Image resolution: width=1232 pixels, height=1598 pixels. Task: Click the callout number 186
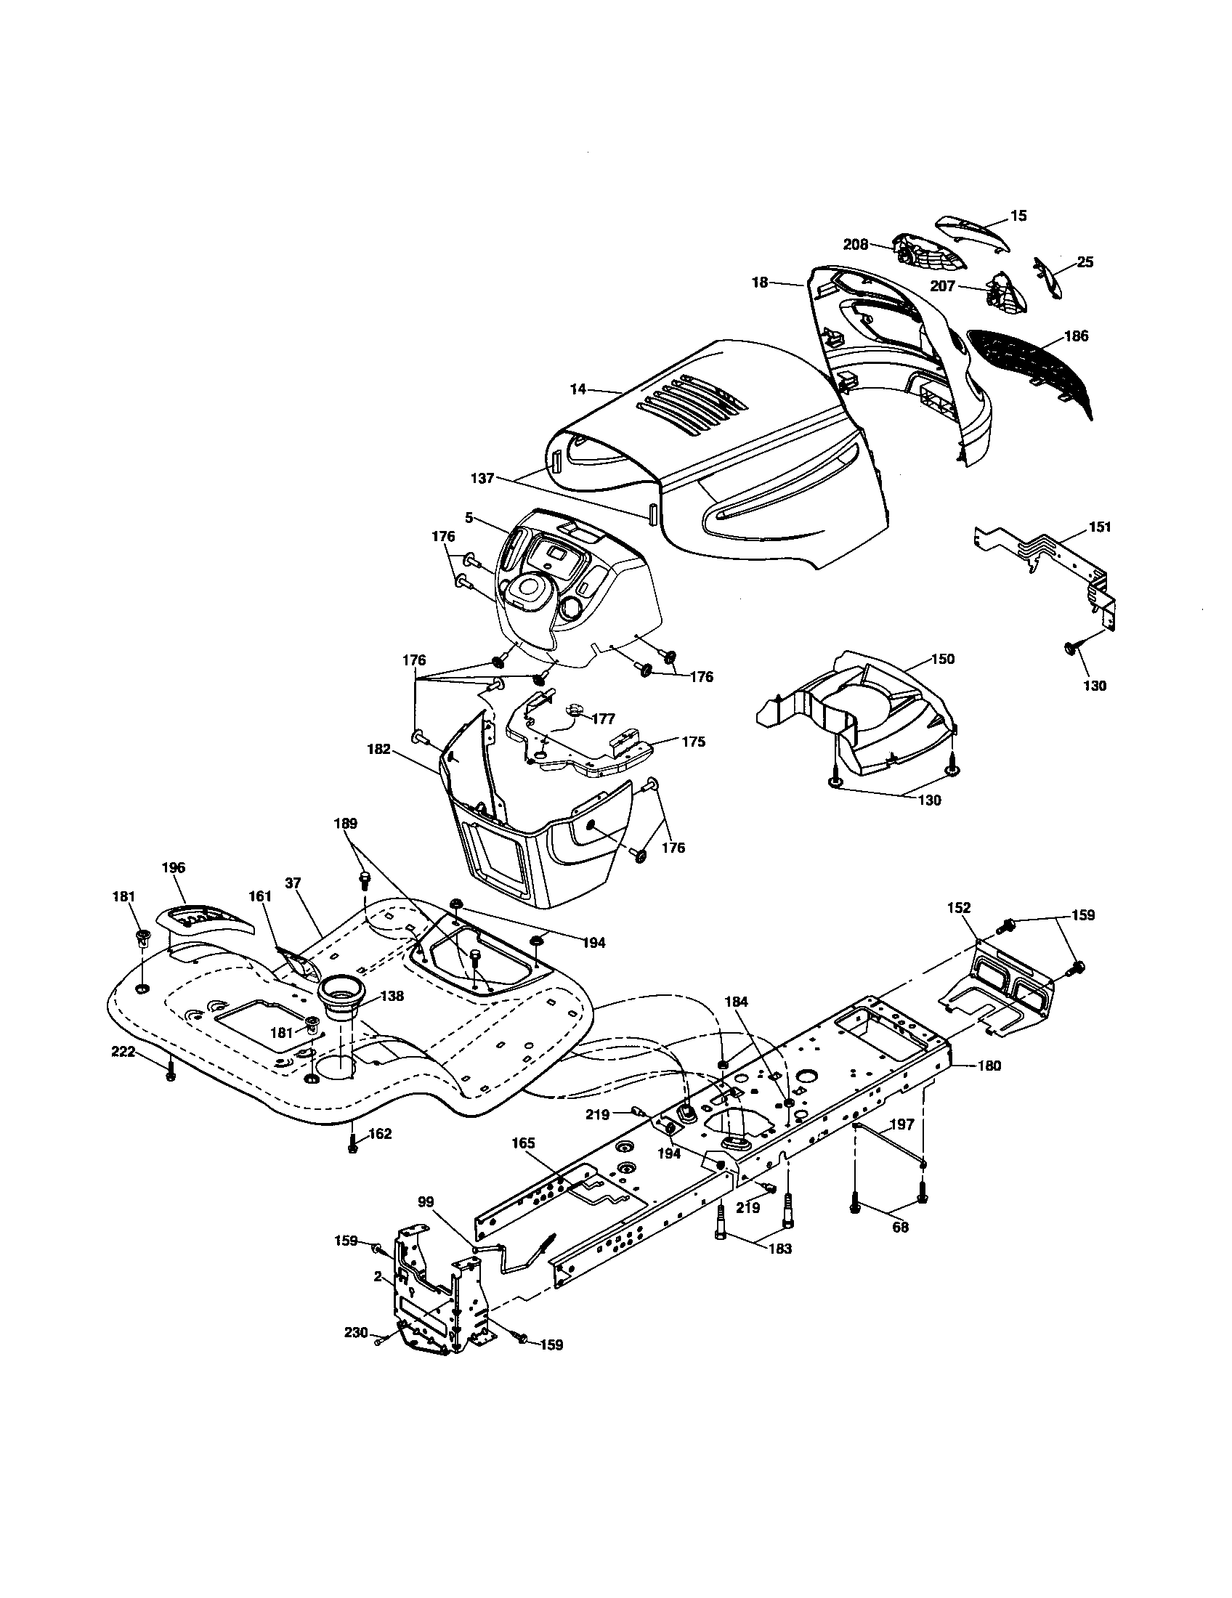[1076, 336]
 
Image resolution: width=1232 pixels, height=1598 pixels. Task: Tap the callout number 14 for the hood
[578, 389]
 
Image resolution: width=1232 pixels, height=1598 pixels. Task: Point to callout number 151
[1100, 527]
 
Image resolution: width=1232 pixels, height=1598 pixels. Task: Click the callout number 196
[174, 868]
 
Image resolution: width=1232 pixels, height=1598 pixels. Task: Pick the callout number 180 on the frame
[989, 1066]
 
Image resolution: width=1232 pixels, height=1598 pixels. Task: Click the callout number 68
[900, 1227]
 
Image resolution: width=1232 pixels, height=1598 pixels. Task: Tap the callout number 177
[604, 718]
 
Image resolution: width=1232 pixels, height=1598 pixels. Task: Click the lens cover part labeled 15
[973, 232]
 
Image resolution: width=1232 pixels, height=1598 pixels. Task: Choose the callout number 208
[855, 244]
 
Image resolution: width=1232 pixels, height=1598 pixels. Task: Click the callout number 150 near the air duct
[942, 659]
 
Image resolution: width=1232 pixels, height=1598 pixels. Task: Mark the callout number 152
[959, 907]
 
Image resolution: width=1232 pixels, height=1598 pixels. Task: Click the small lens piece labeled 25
[1048, 278]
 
